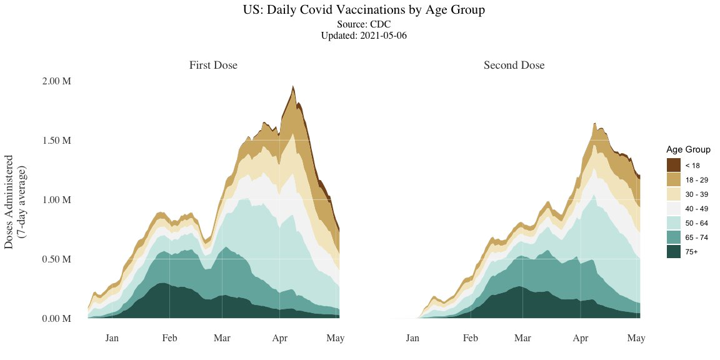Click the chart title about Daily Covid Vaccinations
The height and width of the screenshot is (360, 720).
click(364, 11)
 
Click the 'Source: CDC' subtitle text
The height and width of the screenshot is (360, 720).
click(364, 24)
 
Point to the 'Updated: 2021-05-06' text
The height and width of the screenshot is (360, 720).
click(364, 36)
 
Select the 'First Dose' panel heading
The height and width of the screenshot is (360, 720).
click(214, 65)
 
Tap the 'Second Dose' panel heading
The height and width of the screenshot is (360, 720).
click(514, 65)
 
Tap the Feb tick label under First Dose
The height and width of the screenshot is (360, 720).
click(170, 338)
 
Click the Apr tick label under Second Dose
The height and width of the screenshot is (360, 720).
click(581, 338)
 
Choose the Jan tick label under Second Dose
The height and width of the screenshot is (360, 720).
click(412, 338)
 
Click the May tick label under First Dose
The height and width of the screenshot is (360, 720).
click(336, 338)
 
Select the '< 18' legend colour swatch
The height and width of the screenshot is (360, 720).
click(673, 165)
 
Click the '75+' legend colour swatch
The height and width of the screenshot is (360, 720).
click(673, 251)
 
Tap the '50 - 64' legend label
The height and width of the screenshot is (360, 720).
click(696, 222)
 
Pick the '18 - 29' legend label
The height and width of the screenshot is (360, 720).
click(696, 179)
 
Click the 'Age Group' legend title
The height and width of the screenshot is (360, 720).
click(688, 150)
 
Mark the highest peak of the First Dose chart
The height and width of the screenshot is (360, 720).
click(293, 86)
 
